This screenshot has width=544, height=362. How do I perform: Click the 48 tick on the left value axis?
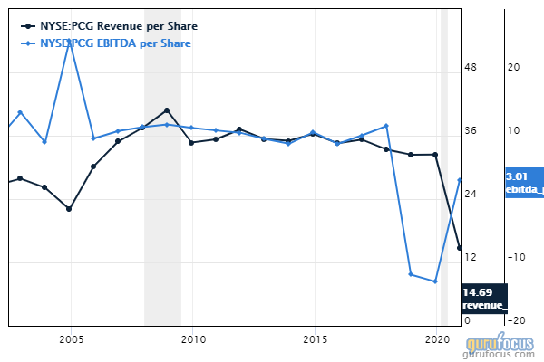(x=471, y=68)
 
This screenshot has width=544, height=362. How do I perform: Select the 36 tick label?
(x=471, y=131)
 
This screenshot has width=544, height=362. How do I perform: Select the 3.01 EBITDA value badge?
(x=523, y=182)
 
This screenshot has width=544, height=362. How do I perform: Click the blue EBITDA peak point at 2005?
(x=70, y=43)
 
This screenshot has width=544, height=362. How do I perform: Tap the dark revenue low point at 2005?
(x=70, y=209)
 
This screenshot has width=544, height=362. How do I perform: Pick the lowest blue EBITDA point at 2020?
(x=436, y=281)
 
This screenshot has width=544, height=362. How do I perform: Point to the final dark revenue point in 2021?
(x=460, y=248)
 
